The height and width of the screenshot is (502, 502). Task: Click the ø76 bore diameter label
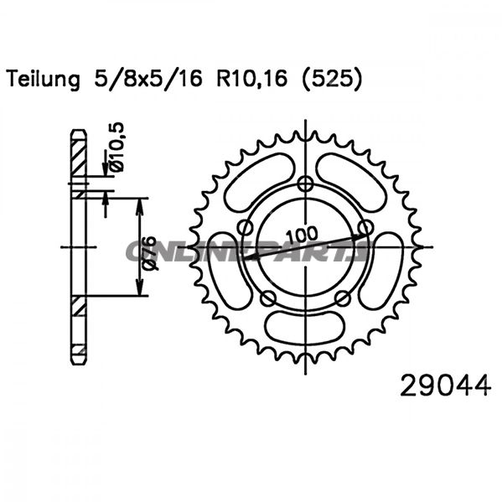pyautogui.click(x=148, y=251)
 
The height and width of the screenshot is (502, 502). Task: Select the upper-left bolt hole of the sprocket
pyautogui.click(x=245, y=227)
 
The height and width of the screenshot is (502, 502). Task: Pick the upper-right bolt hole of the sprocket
pyautogui.click(x=366, y=227)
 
